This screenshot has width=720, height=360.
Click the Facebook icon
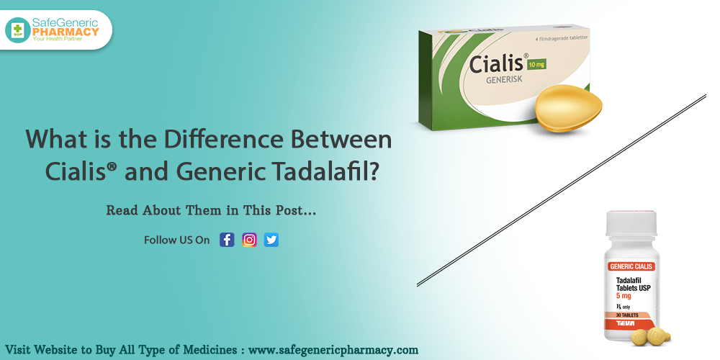tap(227, 240)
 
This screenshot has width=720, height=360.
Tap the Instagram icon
tap(249, 240)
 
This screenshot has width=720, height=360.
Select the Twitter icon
tap(271, 240)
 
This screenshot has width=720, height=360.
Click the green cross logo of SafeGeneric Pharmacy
tap(17, 30)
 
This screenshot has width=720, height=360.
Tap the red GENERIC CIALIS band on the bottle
tap(632, 266)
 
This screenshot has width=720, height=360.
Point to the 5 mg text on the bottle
tap(624, 295)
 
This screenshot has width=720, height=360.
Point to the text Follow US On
tap(177, 240)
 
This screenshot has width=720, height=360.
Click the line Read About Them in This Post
tap(211, 211)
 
